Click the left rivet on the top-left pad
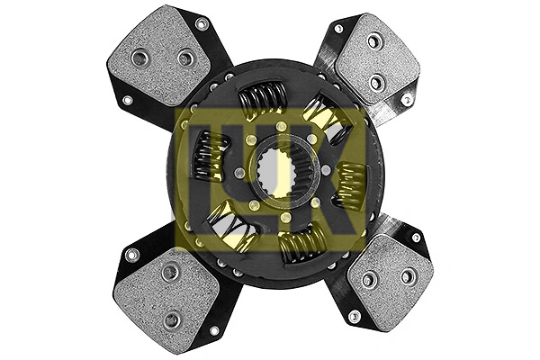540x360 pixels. pyautogui.click(x=139, y=58)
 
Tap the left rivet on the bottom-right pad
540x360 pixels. pyautogui.click(x=368, y=280)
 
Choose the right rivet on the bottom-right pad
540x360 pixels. pyautogui.click(x=407, y=276)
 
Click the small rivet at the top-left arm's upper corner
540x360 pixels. pyautogui.click(x=202, y=24)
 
